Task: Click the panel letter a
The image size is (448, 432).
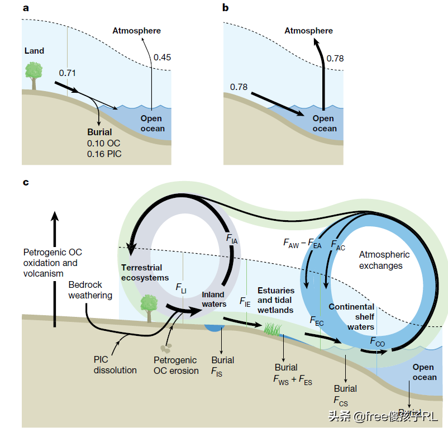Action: click(26, 8)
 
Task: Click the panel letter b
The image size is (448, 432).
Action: click(226, 8)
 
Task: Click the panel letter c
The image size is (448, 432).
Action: click(25, 182)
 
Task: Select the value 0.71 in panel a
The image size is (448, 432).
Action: click(67, 73)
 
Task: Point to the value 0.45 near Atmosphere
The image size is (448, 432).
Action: click(163, 57)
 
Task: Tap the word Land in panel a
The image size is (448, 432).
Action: click(34, 51)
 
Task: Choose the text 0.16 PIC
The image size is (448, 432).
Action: click(104, 153)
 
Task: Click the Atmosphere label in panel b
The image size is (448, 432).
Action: click(308, 31)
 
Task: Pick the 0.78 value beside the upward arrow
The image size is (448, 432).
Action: click(336, 58)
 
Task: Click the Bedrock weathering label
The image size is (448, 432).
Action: click(90, 289)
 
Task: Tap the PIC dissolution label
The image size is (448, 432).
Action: click(115, 364)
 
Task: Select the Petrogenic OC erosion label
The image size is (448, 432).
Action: click(176, 365)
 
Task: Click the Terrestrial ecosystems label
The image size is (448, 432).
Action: click(145, 272)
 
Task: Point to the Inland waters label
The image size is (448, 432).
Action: click(214, 299)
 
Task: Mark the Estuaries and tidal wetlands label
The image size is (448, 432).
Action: click(275, 300)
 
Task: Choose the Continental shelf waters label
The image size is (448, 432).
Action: click(351, 316)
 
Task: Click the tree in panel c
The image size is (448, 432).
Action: click(149, 308)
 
